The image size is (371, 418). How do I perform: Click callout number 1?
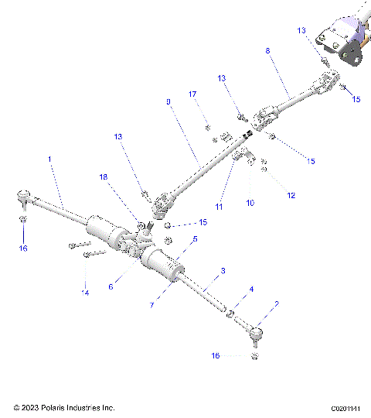coord(49,158)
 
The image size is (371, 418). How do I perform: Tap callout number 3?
coord(223,271)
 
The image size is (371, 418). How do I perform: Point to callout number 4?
coord(250,290)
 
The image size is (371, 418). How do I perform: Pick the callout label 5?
coord(195,239)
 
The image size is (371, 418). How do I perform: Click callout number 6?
coord(111,286)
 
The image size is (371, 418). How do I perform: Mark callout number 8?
coord(268,50)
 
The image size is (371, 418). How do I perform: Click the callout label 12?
coord(291,196)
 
